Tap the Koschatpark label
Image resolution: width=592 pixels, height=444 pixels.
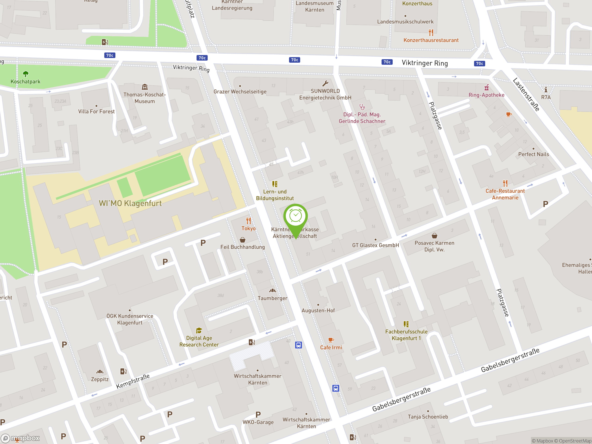click(x=25, y=82)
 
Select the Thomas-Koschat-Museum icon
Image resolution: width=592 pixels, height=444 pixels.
click(x=145, y=87)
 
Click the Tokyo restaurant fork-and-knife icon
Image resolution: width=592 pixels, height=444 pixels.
click(x=249, y=221)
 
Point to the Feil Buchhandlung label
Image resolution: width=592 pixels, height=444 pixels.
click(x=243, y=247)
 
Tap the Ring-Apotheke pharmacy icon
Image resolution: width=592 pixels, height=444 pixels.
click(x=487, y=87)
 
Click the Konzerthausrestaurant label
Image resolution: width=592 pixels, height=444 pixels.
click(x=431, y=40)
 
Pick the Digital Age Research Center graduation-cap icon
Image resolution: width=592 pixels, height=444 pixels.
click(x=199, y=330)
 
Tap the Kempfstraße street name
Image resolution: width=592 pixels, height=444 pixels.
click(x=133, y=381)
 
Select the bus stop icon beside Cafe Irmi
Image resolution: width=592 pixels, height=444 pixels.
click(x=298, y=345)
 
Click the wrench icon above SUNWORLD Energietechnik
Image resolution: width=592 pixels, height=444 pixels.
click(x=325, y=83)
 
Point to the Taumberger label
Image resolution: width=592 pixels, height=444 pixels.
click(x=272, y=298)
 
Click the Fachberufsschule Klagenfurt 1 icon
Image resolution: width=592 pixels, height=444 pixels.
click(x=406, y=324)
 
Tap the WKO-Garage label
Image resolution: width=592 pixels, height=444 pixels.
click(x=258, y=422)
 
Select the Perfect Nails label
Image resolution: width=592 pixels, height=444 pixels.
click(x=533, y=154)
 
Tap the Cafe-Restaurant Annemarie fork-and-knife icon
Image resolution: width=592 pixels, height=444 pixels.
click(x=505, y=183)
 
